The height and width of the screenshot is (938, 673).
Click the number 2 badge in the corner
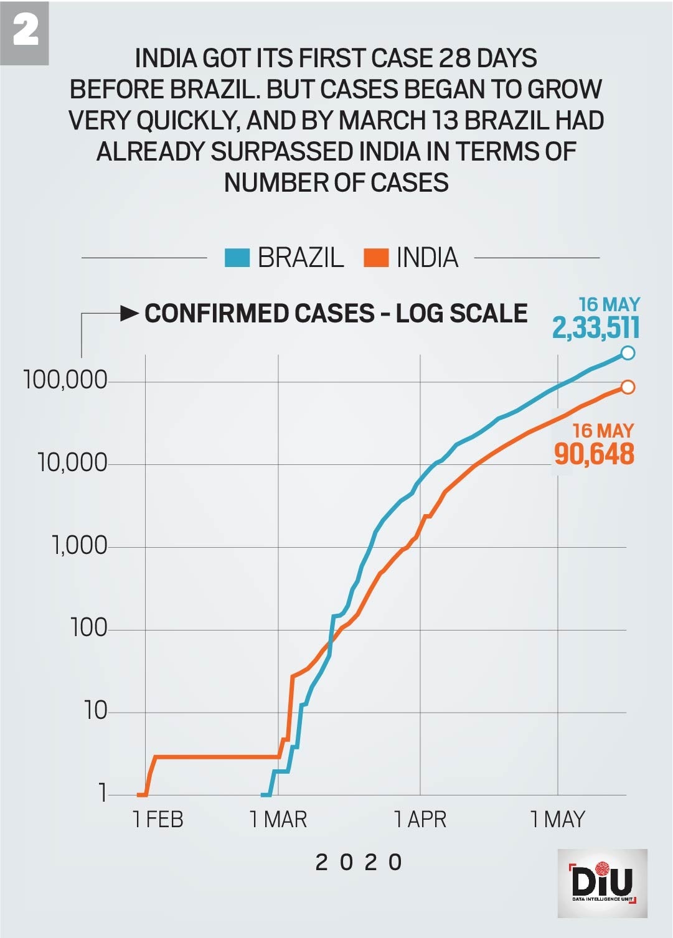pyautogui.click(x=25, y=31)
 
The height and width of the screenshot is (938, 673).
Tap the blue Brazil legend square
pyautogui.click(x=237, y=258)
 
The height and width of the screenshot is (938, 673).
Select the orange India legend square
pyautogui.click(x=376, y=258)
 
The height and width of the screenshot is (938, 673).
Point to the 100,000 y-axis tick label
pyautogui.click(x=65, y=380)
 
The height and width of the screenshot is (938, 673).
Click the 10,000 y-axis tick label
pyautogui.click(x=72, y=462)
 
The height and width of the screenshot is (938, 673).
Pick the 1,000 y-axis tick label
pyautogui.click(x=79, y=545)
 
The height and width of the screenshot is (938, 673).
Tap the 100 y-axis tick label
pyautogui.click(x=89, y=627)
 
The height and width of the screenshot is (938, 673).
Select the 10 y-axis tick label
pyautogui.click(x=95, y=710)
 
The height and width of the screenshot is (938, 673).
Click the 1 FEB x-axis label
pyautogui.click(x=158, y=819)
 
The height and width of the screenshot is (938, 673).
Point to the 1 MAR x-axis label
pyautogui.click(x=278, y=819)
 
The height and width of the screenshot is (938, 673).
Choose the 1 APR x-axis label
pyautogui.click(x=420, y=819)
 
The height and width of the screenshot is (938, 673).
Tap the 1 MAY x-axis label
pyautogui.click(x=558, y=819)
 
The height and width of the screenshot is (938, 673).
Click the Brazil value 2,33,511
pyautogui.click(x=596, y=328)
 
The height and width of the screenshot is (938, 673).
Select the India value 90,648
pyautogui.click(x=594, y=454)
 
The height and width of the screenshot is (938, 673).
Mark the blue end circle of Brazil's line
pyautogui.click(x=628, y=353)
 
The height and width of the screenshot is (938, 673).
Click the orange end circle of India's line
pyautogui.click(x=628, y=387)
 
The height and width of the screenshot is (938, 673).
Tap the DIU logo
pyautogui.click(x=602, y=883)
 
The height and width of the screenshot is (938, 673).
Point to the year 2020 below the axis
pyautogui.click(x=359, y=863)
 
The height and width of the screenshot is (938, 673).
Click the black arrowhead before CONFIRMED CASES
pyautogui.click(x=129, y=313)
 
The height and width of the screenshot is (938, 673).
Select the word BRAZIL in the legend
pyautogui.click(x=301, y=258)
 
